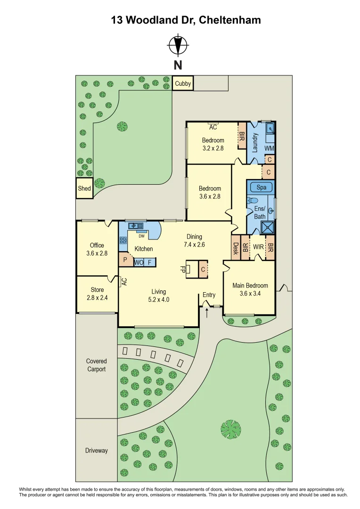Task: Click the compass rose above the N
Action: [x=178, y=46]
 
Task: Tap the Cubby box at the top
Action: [x=183, y=84]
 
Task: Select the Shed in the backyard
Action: [x=84, y=189]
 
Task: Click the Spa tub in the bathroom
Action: [x=262, y=187]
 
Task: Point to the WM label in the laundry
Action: [x=269, y=148]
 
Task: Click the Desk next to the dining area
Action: [x=235, y=248]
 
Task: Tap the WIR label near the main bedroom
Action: [x=257, y=246]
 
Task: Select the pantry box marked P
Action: [x=125, y=259]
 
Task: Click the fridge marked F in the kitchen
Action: [x=149, y=263]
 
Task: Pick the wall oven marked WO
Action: [x=139, y=263]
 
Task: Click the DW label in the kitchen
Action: [x=141, y=236]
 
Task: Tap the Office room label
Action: [x=97, y=245]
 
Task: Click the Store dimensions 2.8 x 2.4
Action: [x=97, y=297]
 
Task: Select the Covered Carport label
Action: [x=96, y=365]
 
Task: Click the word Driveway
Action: [x=96, y=451]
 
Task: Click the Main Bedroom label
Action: [x=250, y=286]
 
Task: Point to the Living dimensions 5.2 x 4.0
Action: [x=158, y=299]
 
